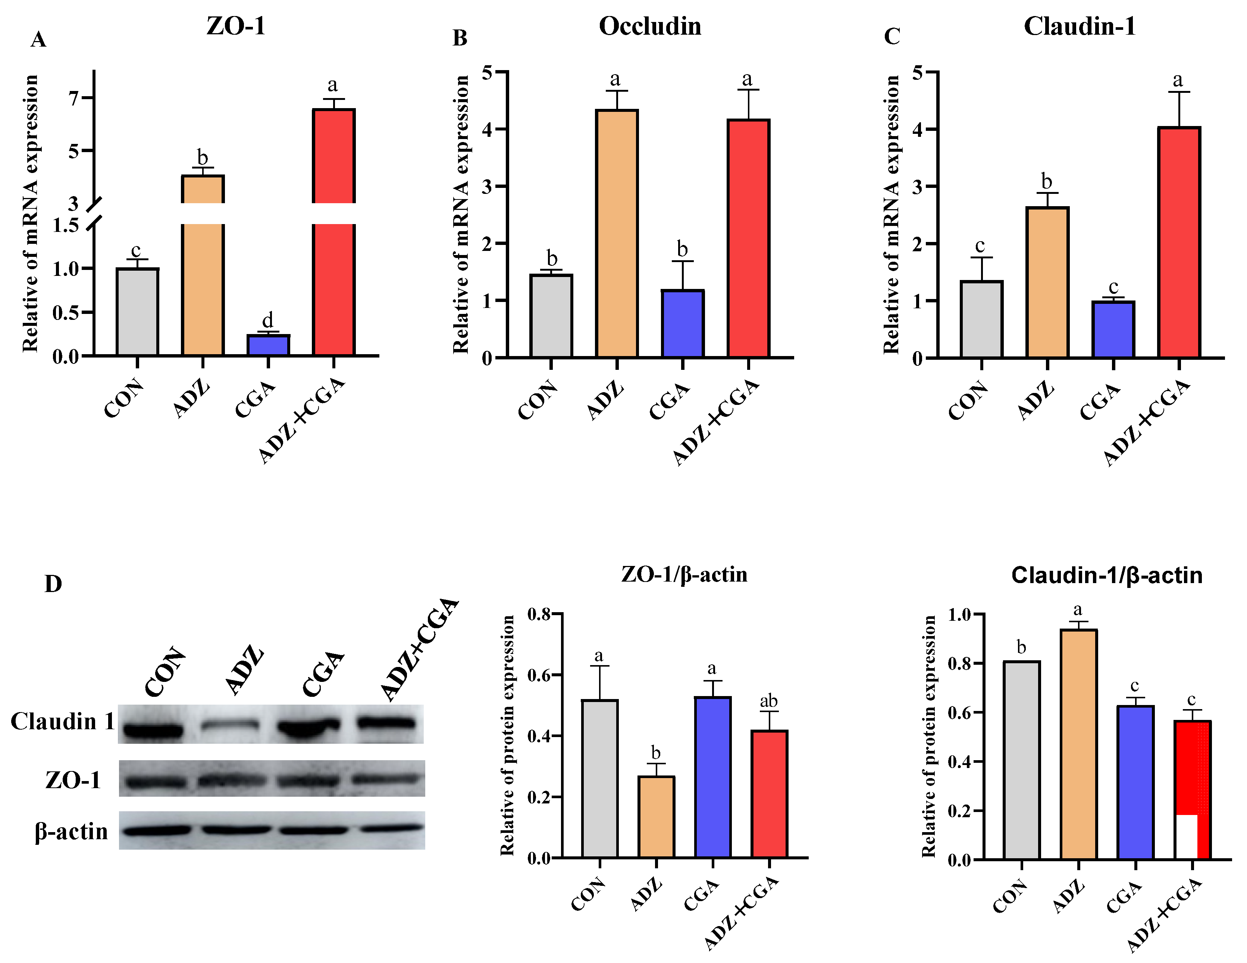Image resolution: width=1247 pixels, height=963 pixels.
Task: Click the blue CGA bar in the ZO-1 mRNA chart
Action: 268,345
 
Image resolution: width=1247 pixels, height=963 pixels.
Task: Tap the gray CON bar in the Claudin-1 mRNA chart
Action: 981,320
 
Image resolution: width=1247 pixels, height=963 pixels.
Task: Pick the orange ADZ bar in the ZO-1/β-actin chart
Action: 656,817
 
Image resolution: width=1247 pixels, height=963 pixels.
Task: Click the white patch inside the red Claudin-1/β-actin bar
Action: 1187,836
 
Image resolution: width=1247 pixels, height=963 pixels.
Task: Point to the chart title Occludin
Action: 650,26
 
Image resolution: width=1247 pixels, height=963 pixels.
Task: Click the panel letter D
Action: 53,584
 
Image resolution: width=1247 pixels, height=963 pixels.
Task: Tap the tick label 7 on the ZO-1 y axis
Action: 73,98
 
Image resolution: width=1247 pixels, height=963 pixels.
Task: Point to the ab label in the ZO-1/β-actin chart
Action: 768,701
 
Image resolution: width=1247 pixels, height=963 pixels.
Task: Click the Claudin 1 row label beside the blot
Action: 62,721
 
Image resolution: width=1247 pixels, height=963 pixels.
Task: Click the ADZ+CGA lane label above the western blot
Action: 419,651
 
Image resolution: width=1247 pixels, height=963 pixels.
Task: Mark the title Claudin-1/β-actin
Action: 1106,575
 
